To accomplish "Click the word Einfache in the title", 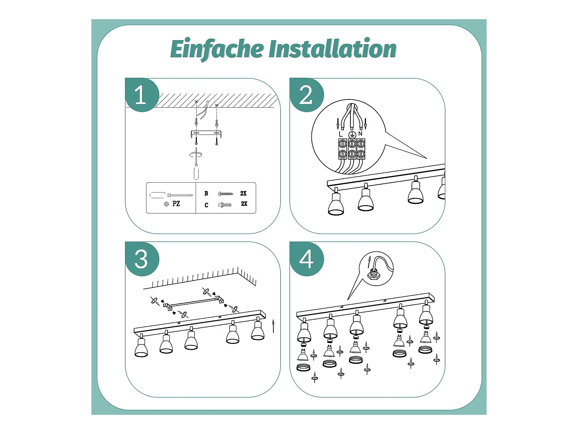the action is pos(217,49).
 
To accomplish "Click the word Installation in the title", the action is pos(333,49).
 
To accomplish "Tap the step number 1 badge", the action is pos(141,95).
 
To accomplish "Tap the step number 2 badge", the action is pos(306,95).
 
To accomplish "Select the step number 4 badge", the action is pos(306,259).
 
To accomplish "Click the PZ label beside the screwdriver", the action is pos(176,204).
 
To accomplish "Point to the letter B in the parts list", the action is pos(206,193).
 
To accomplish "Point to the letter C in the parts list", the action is pos(206,205).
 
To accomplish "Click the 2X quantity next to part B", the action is pos(243,193).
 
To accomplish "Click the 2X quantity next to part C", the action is pos(244,204).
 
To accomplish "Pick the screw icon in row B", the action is pos(226,194).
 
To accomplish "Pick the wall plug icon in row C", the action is pos(224,205).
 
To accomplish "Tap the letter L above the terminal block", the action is pos(341,134).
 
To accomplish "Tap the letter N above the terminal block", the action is pos(360,133).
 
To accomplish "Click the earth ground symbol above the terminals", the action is pos(352,135).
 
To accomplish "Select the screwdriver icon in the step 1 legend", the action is pos(171,195).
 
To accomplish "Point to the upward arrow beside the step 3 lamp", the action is pos(273,326).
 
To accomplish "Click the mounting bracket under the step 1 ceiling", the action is pos(206,134).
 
